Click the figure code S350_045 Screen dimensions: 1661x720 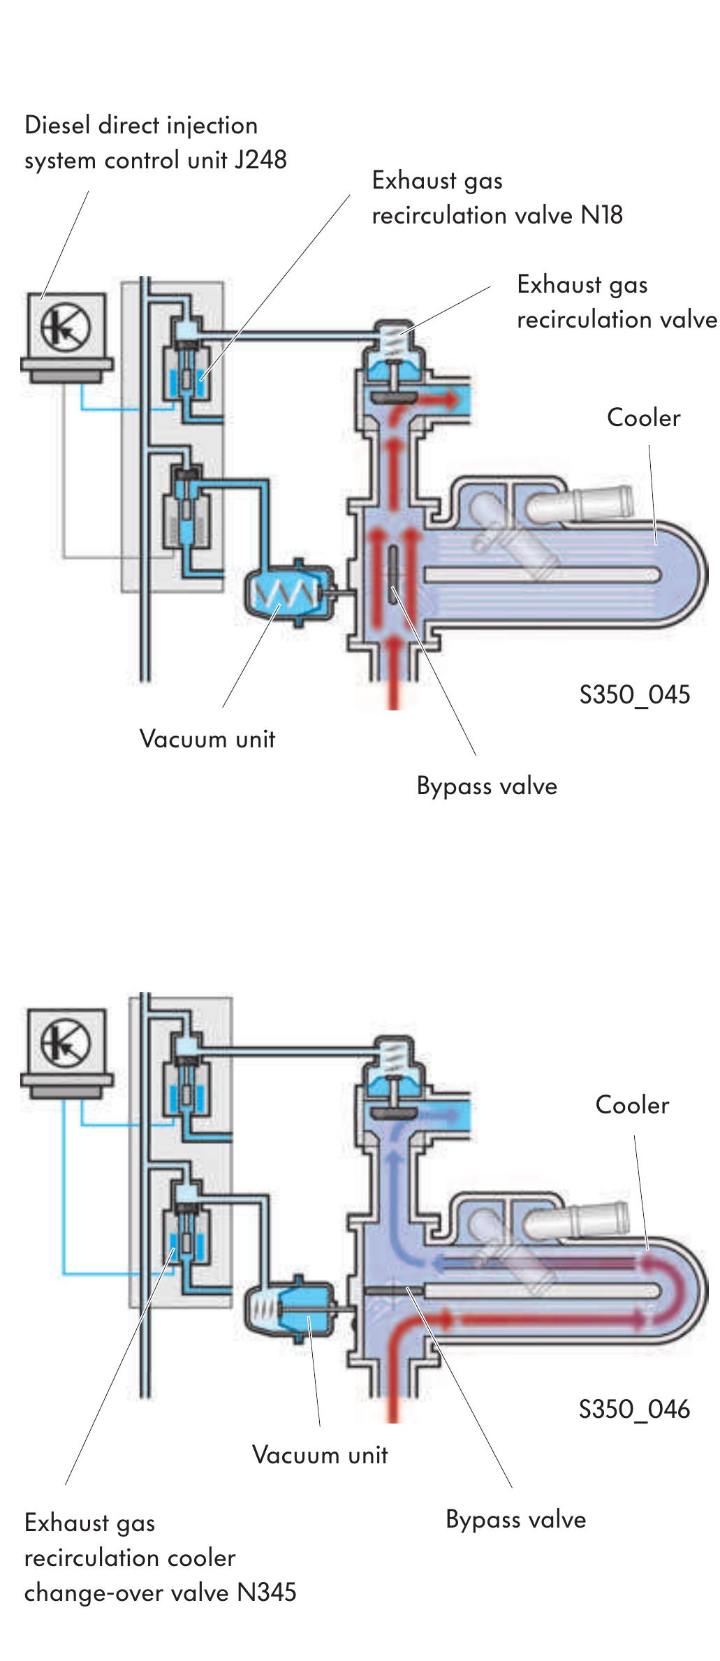(634, 695)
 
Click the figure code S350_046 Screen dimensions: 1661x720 (634, 1409)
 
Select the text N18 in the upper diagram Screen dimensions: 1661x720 (601, 215)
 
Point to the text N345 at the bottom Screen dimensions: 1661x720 (267, 1593)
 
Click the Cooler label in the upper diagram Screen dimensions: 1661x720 (643, 418)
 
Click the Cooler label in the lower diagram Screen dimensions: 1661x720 (632, 1105)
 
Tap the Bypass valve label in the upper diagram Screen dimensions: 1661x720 (487, 786)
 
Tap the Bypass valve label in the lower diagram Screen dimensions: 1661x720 (515, 1520)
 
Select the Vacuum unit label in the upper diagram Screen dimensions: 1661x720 (207, 739)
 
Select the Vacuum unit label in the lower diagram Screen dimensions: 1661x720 (319, 1455)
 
